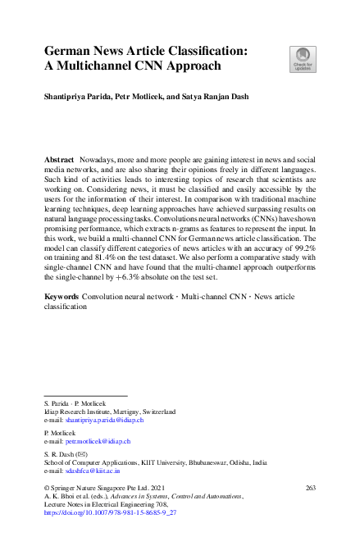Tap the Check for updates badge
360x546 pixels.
click(x=301, y=59)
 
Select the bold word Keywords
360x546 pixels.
click(x=62, y=294)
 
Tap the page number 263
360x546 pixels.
click(x=310, y=487)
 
